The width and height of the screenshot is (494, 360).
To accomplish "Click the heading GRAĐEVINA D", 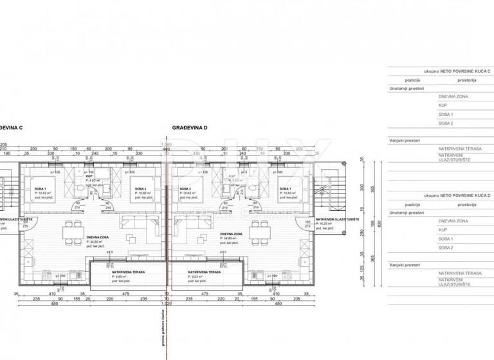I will click(x=190, y=128).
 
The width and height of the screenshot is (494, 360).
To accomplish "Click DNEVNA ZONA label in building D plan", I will click(x=230, y=234).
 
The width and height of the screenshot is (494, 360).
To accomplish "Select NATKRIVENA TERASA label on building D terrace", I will click(x=204, y=272).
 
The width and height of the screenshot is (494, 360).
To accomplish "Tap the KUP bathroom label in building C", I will click(x=89, y=177).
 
